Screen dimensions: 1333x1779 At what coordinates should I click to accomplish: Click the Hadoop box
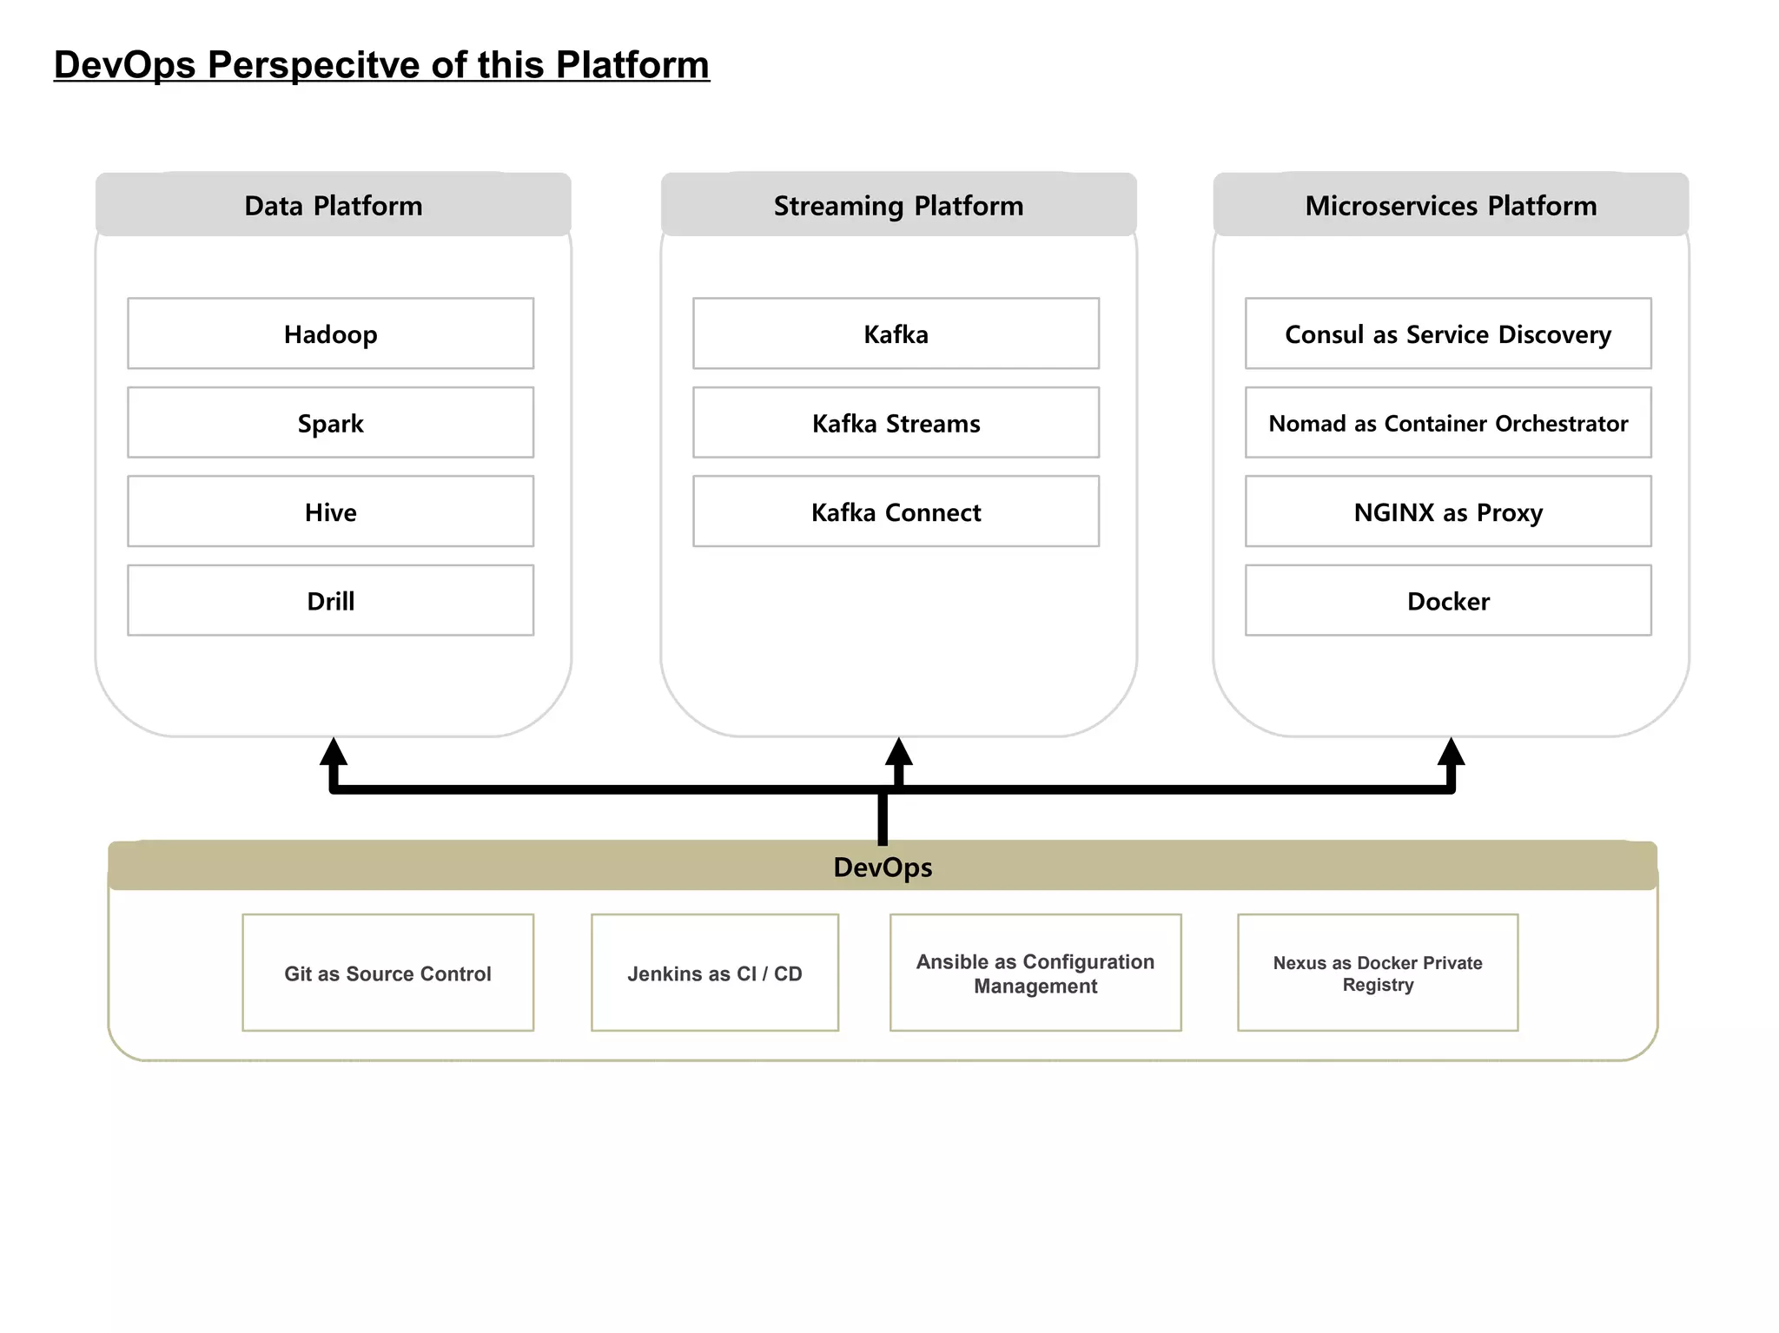point(330,333)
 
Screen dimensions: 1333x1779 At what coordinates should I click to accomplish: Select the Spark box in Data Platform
point(330,423)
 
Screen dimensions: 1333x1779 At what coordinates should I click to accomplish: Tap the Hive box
point(330,511)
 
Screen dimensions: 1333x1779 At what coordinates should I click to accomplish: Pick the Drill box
point(330,600)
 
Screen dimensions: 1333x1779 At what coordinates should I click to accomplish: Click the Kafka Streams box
point(896,423)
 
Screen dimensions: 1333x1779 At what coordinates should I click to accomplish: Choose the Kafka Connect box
point(896,511)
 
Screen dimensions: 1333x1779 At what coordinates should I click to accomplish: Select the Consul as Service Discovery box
point(1448,333)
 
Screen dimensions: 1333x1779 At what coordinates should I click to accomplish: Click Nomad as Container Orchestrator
point(1448,423)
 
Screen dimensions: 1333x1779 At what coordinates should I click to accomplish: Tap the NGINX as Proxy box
point(1448,511)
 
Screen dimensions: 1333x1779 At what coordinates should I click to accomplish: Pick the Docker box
point(1448,600)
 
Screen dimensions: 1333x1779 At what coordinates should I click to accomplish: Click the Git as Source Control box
point(387,973)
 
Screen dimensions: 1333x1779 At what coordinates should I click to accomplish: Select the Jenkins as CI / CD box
point(714,973)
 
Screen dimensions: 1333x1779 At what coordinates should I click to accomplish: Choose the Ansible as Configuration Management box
point(1035,973)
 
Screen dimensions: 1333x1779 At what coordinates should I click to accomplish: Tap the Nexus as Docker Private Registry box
point(1378,973)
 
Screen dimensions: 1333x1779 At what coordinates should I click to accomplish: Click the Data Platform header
point(333,205)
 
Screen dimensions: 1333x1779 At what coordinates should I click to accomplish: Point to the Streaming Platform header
point(898,205)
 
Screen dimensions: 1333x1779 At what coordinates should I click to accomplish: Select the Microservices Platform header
point(1451,205)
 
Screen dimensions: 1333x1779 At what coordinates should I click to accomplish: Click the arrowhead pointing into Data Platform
point(334,752)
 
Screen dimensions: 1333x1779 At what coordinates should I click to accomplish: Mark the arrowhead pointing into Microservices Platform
point(1451,752)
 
